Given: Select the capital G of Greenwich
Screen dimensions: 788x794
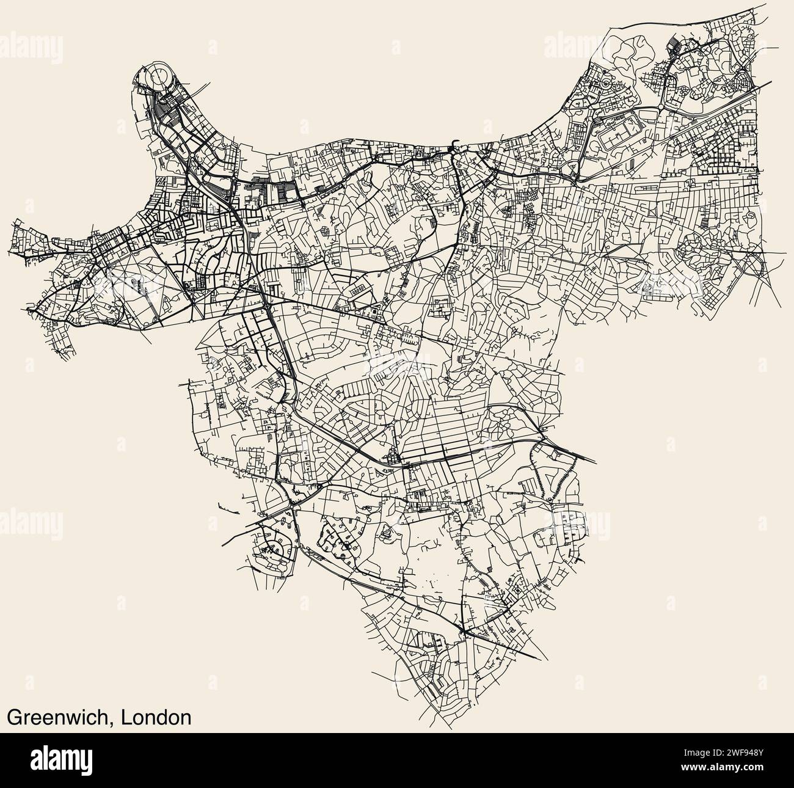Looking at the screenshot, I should pyautogui.click(x=13, y=717).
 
